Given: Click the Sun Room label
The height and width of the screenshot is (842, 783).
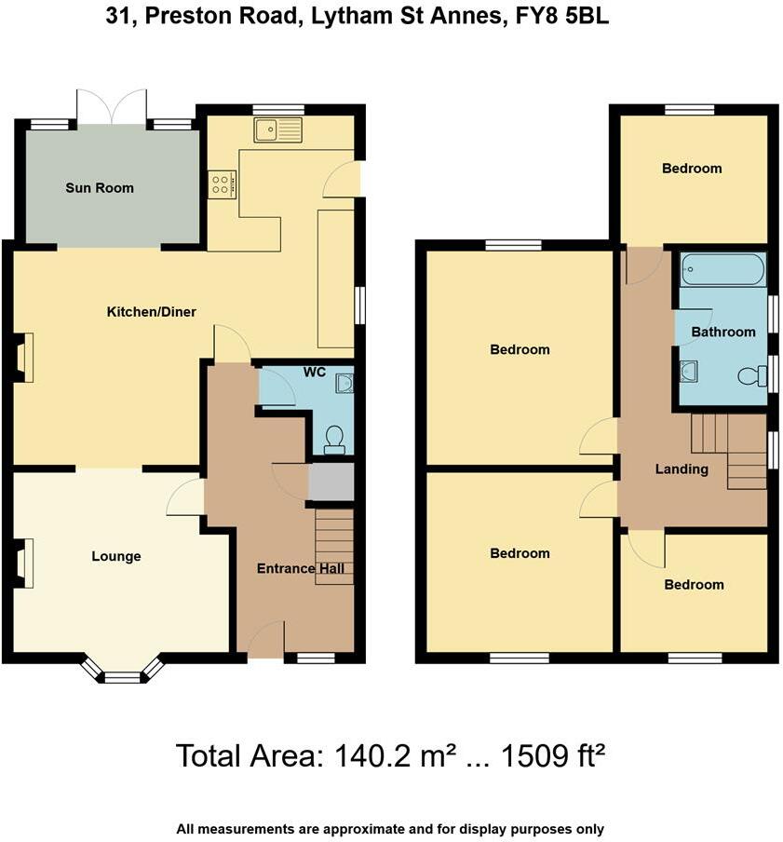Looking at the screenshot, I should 100,188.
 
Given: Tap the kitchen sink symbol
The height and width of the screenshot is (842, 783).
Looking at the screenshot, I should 277,130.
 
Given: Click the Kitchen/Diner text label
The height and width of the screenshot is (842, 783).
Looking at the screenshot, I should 151,312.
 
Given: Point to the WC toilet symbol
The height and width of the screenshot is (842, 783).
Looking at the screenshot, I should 333,440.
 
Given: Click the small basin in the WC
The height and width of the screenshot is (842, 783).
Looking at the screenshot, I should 343,383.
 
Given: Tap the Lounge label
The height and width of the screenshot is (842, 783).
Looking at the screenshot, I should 116,557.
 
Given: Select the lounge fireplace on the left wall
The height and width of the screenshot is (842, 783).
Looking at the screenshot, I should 24,564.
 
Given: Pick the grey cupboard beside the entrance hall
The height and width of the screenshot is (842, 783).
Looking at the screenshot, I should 331,482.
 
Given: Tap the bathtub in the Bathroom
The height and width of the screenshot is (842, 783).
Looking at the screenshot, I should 722,272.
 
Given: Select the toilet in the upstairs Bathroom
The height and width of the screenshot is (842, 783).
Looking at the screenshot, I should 750,376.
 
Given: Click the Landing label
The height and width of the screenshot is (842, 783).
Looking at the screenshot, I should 682,469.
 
